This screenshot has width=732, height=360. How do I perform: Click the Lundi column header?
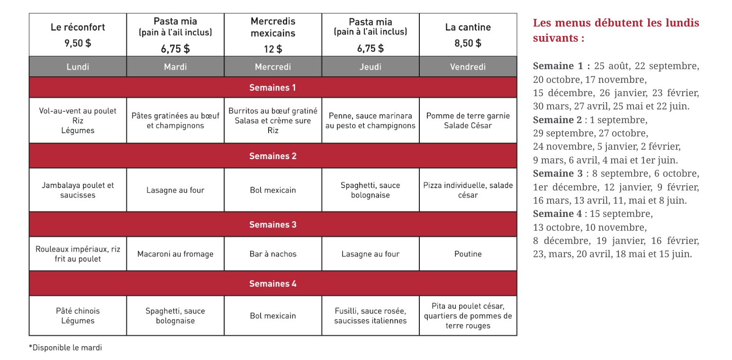point(78,67)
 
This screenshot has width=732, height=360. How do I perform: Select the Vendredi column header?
point(468,67)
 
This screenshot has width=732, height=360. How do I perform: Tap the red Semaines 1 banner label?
point(273,88)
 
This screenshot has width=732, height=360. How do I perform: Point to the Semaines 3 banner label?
point(273,225)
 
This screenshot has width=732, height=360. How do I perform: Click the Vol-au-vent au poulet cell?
point(78,120)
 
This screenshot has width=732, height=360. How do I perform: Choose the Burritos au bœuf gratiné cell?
point(273,120)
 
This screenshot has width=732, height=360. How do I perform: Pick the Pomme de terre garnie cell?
point(468,120)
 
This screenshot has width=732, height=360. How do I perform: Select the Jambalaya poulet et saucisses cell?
point(78,190)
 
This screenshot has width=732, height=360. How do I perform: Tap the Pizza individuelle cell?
point(468,190)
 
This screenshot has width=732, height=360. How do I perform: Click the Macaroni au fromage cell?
point(175,254)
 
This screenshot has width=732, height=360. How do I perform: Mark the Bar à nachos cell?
point(273,254)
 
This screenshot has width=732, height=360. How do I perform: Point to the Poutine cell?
point(468,254)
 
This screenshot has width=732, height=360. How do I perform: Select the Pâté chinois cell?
point(78,315)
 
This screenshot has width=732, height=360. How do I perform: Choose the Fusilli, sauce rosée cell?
point(371,315)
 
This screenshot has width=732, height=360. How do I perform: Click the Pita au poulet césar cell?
point(468,315)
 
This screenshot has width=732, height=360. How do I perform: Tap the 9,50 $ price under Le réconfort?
point(78,43)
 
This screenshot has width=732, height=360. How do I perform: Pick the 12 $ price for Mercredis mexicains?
point(273,48)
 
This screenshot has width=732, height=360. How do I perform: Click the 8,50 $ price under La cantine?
point(468,43)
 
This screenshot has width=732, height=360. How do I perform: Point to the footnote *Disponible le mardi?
point(65,348)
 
